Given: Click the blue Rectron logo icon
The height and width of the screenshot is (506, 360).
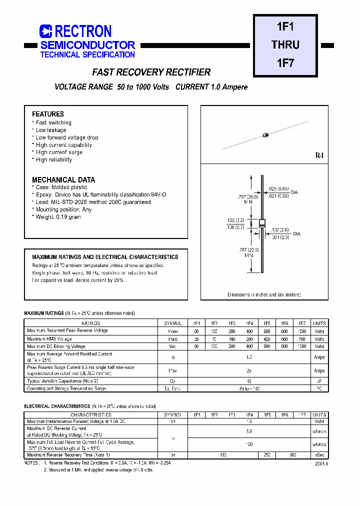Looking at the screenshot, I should [x=45, y=31].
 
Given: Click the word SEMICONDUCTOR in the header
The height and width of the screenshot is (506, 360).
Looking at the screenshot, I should [x=87, y=45].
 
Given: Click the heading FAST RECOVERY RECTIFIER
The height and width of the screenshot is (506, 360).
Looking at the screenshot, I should [x=151, y=72].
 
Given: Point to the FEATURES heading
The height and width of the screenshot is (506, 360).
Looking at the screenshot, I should [x=48, y=114].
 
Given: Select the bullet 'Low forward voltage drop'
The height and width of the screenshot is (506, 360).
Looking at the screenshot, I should [x=67, y=137].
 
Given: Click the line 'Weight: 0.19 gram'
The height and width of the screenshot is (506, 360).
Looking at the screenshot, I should [x=58, y=217].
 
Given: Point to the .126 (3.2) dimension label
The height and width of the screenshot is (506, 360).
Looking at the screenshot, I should [x=234, y=220].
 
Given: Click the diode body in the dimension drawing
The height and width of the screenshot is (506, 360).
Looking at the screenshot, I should [x=261, y=223].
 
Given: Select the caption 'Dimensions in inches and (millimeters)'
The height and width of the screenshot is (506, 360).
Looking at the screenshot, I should [x=264, y=295].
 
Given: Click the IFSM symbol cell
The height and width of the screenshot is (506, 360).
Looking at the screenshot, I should [x=172, y=370].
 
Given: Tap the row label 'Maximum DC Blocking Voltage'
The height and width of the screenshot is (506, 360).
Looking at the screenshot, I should [x=56, y=346].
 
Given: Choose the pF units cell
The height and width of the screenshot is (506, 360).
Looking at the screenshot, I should [x=319, y=381].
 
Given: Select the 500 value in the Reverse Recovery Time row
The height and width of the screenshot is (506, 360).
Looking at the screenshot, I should [x=293, y=455].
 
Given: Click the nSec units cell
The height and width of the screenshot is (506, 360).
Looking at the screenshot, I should [x=319, y=455].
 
